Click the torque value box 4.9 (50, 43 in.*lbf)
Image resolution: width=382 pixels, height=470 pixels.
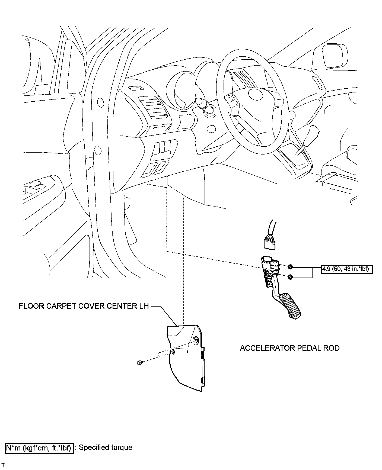[347, 269]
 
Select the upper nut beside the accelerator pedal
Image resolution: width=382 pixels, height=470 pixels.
[290, 267]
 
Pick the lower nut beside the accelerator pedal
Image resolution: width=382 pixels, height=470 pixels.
[290, 277]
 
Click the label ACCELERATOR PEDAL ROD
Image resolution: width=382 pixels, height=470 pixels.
[289, 348]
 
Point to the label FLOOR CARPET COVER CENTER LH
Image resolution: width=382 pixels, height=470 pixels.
[84, 306]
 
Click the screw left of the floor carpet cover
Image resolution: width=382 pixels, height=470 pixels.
[140, 362]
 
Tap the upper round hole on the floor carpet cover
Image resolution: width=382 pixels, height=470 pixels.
[196, 340]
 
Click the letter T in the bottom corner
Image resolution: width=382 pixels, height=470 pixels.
[3, 466]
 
